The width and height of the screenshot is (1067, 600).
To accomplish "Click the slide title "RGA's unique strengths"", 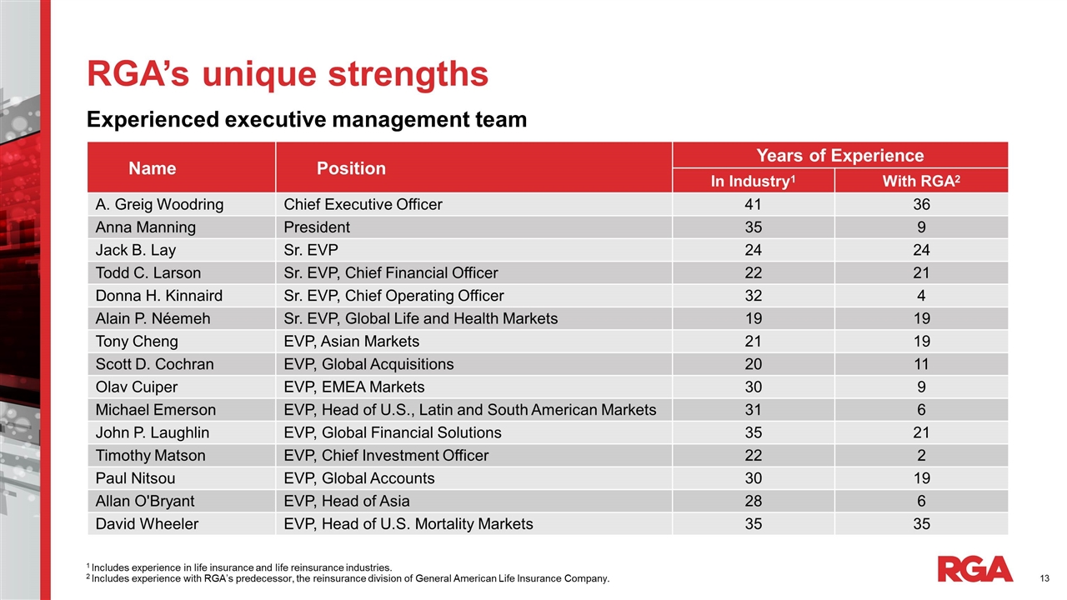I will coord(288,74).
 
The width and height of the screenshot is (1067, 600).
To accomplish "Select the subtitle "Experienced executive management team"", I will coord(307,120).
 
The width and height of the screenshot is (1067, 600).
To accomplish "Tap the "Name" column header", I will coord(152,168).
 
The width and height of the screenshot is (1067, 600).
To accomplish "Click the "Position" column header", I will coord(351,168).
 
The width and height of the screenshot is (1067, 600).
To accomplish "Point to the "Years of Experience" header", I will coord(839,156).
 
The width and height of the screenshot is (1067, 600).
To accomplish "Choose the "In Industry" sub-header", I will coord(753,182).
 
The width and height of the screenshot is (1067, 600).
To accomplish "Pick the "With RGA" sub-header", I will coord(920,182).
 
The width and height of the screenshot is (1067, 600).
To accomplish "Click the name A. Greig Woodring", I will coord(159,204).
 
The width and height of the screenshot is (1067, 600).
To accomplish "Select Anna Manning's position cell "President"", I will coord(317,227).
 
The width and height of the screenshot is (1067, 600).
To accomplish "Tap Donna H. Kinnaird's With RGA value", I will coord(921,296).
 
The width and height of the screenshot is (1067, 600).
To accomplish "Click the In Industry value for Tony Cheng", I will coord(753,342).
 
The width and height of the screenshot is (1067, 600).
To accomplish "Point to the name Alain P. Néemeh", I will coord(153,318).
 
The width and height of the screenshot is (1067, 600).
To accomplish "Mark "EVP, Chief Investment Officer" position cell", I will coord(386,456).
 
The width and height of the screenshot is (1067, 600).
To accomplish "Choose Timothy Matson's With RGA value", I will coord(921,456).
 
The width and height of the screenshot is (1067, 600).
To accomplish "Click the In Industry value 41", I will coord(753,204).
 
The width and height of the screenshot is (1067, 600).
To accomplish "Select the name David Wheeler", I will coord(147,524).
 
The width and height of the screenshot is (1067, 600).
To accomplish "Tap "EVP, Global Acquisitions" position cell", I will coord(368,364).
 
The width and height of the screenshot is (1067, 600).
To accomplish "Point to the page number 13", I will coord(1044,578).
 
